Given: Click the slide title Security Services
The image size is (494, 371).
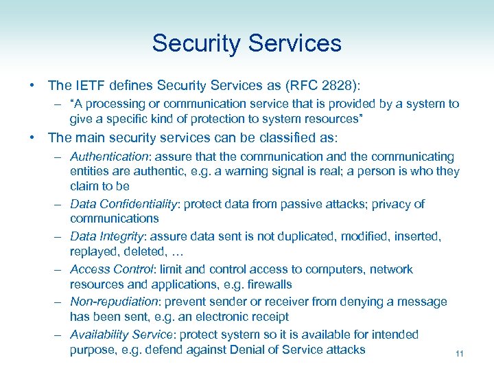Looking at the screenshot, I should pyautogui.click(x=246, y=43).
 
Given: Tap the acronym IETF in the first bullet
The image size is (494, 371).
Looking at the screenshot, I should pyautogui.click(x=88, y=85).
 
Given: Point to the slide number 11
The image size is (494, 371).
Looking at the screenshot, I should pyautogui.click(x=460, y=354).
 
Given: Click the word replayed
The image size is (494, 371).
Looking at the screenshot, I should pyautogui.click(x=93, y=251).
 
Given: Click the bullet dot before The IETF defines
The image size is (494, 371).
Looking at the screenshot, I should pyautogui.click(x=32, y=86).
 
